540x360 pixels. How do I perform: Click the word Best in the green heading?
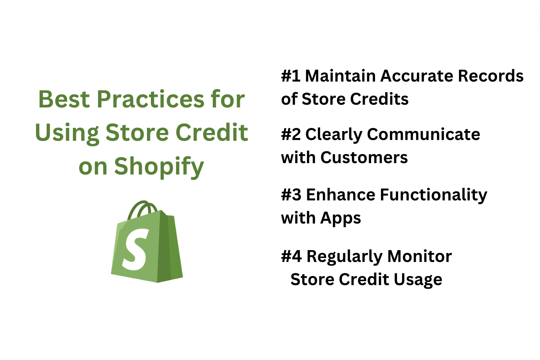coord(64,99)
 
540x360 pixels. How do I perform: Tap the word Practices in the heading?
coord(151,99)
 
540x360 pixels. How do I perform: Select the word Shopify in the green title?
coord(159,167)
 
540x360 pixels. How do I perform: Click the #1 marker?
coord(291,76)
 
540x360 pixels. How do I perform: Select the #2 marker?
coord(291,135)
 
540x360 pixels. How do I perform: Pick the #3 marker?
coord(291,195)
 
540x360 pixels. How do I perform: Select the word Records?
coord(491,76)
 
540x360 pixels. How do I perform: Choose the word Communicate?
coord(424,135)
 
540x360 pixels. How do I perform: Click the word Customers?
coord(364,158)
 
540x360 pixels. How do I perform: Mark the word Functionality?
coord(434,195)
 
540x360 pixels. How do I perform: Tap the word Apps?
coord(341,218)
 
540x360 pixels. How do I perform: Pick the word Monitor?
coord(420,256)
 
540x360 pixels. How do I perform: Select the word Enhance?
coord(341,195)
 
